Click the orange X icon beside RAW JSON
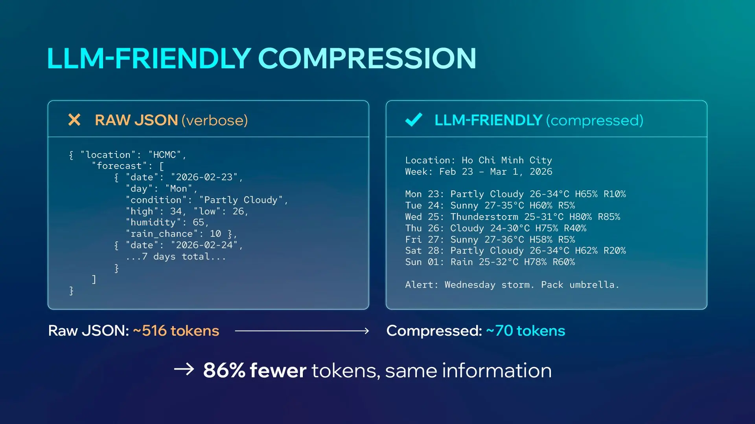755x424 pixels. coord(74,120)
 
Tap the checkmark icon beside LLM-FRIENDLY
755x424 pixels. coord(414,120)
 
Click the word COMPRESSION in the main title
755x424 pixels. coord(367,58)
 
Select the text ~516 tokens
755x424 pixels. coord(176,331)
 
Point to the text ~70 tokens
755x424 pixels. coord(525,331)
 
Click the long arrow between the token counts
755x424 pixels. coord(302,331)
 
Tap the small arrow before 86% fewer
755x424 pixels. coord(184,369)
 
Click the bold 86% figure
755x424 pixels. coord(224,370)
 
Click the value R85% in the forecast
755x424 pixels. coord(609,217)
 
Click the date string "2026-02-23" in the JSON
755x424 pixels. coord(204,177)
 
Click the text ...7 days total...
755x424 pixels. coord(176,257)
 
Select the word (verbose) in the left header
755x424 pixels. coord(215,120)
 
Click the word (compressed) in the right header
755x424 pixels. coord(595,120)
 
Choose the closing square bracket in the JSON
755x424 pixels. coord(94,280)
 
